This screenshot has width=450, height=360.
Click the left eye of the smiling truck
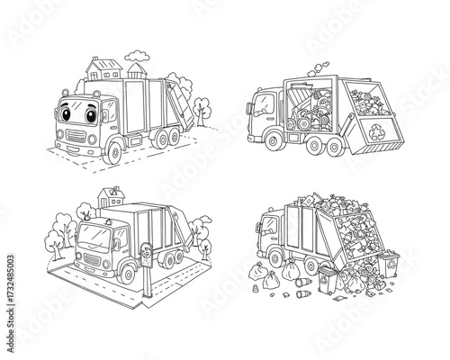pyautogui.click(x=75, y=115)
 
